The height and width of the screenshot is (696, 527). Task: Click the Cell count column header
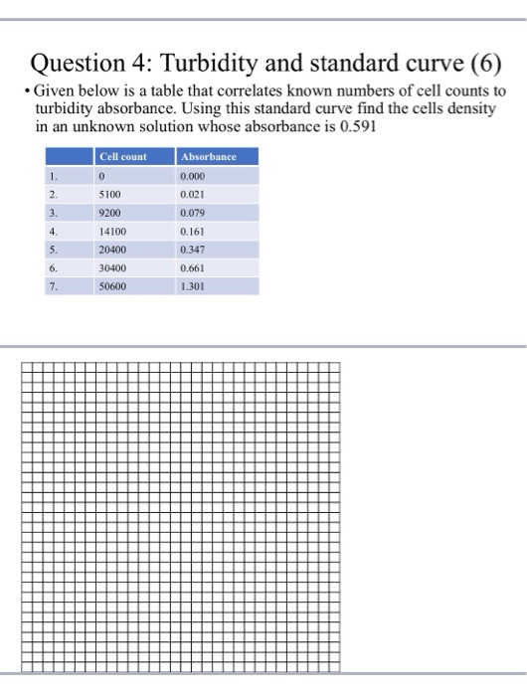pos(122,157)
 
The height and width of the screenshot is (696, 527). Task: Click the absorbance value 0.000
pos(192,176)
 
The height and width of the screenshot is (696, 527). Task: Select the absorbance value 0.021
pos(192,194)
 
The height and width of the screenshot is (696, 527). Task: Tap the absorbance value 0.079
pos(192,212)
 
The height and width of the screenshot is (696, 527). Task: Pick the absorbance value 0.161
pos(192,231)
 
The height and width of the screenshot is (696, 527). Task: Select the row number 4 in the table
pos(56,231)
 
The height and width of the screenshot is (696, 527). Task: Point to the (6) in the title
pos(481,67)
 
